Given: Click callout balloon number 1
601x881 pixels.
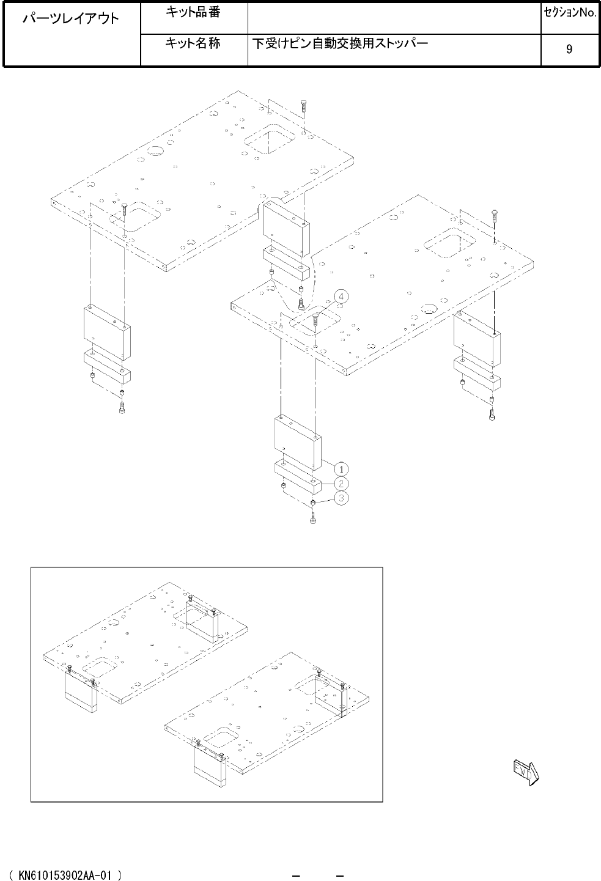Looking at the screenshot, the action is [341, 469].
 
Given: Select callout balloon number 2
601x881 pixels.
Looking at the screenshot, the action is [341, 484].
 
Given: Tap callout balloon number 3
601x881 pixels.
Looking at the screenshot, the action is [341, 498].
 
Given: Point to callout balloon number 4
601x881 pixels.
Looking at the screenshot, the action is [341, 297].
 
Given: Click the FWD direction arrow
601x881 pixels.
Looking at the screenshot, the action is [526, 773].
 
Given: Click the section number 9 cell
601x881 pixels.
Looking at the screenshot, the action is [569, 49].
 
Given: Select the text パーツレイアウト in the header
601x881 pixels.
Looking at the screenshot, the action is [71, 18].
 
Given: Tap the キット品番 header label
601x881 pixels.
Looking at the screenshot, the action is [193, 12].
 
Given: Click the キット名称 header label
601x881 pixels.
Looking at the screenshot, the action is [193, 43].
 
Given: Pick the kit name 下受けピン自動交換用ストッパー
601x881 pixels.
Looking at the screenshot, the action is [340, 43].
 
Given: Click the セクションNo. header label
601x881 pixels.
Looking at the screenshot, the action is [570, 13].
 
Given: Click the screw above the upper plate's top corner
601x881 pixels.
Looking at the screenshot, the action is [304, 106].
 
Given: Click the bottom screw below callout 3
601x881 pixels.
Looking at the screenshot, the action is [312, 517].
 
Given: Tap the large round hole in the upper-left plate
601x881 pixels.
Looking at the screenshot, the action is [155, 150].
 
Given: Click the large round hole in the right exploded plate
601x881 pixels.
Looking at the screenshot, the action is [430, 309].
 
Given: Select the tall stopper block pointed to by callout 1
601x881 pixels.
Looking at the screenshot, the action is [298, 444].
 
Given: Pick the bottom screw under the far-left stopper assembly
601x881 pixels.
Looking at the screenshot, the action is [122, 407].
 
